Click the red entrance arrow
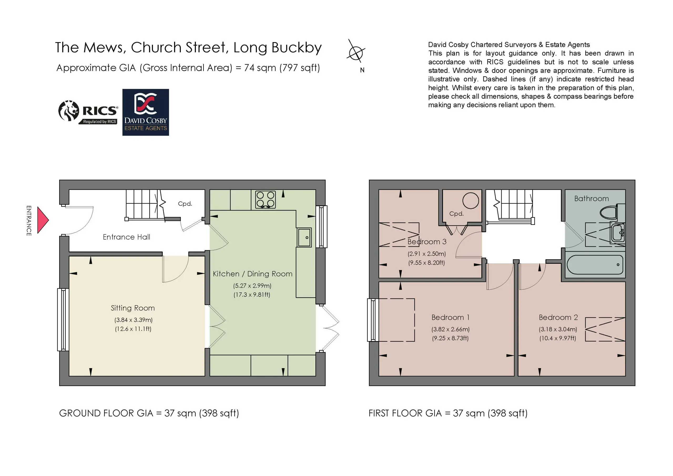tap(43, 220)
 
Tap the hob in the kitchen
tap(266, 199)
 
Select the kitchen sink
tap(304, 237)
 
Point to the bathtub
tap(595, 265)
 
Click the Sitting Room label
tap(133, 308)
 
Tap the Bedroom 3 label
tap(427, 242)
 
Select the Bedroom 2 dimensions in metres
tap(558, 329)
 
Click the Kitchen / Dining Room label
tap(253, 274)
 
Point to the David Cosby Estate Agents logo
tap(146, 112)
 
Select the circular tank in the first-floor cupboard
tap(471, 201)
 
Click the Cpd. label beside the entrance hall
tap(185, 204)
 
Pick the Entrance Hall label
tap(126, 237)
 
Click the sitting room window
tap(63, 320)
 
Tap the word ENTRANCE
tap(29, 221)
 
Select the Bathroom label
tap(592, 199)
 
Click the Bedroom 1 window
tap(373, 320)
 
